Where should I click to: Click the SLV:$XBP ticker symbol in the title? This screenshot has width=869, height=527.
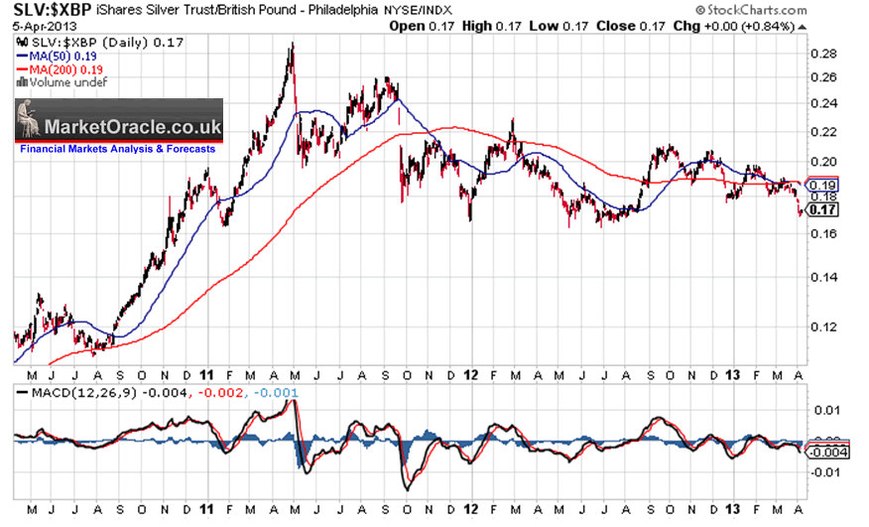click(48, 10)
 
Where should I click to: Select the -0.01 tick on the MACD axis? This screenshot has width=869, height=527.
click(826, 471)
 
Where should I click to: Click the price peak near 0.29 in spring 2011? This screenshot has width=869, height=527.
click(291, 44)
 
